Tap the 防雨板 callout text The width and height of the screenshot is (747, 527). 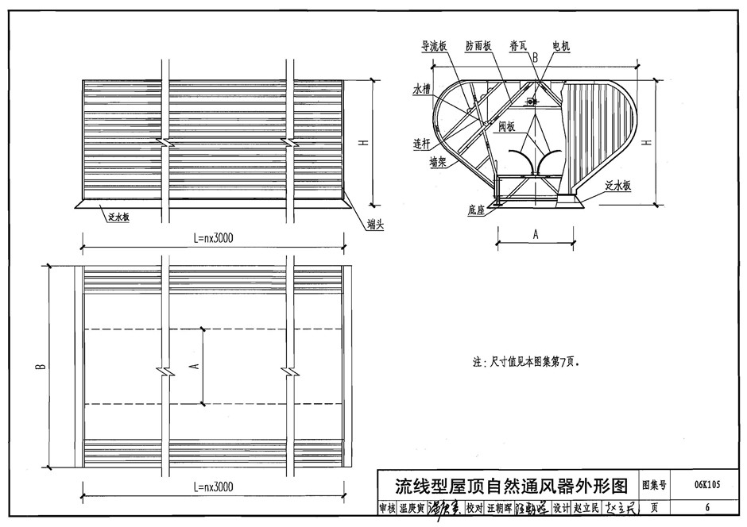pyautogui.click(x=479, y=47)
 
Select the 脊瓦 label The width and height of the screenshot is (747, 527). pyautogui.click(x=520, y=47)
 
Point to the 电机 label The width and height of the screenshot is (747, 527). pyautogui.click(x=561, y=47)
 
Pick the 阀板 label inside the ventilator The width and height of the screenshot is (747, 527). pyautogui.click(x=507, y=126)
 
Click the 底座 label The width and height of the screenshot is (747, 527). pyautogui.click(x=477, y=212)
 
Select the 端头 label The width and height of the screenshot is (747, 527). pyautogui.click(x=376, y=225)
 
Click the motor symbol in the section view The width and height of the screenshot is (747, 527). pyautogui.click(x=530, y=101)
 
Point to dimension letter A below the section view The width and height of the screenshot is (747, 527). pyautogui.click(x=536, y=234)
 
